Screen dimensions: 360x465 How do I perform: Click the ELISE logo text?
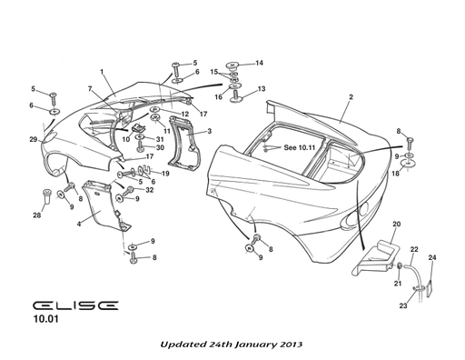pyautogui.click(x=72, y=307)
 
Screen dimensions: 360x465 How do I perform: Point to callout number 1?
pyautogui.click(x=102, y=72)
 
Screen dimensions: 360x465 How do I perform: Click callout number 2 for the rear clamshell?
pyautogui.click(x=350, y=96)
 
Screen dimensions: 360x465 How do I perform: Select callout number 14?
pyautogui.click(x=259, y=63)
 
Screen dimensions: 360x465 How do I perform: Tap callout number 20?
pyautogui.click(x=396, y=224)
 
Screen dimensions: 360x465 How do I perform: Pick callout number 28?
pyautogui.click(x=36, y=215)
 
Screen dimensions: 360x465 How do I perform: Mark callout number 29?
pyautogui.click(x=33, y=139)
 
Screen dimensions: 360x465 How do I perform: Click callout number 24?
pyautogui.click(x=432, y=258)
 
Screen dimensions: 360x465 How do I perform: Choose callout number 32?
pyautogui.click(x=150, y=190)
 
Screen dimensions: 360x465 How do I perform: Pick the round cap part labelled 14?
pyautogui.click(x=233, y=66)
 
